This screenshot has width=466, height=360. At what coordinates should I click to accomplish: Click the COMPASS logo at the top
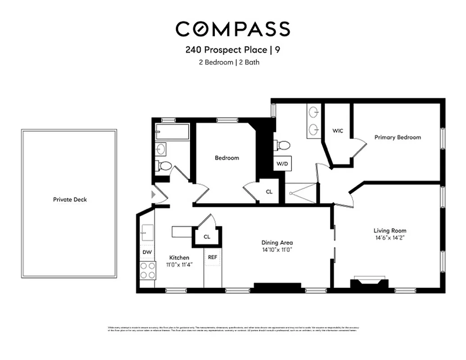(232, 29)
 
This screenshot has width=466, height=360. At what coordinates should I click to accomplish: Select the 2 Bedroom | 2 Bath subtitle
(229, 63)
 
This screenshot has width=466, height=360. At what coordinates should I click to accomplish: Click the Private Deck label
(69, 199)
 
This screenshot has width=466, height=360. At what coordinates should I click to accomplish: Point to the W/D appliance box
(282, 164)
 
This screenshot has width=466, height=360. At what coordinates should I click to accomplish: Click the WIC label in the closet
(338, 131)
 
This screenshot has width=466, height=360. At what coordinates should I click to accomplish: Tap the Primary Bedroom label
(398, 137)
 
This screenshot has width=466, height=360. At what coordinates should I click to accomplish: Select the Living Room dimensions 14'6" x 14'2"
(389, 238)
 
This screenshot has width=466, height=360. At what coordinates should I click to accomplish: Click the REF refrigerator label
(213, 257)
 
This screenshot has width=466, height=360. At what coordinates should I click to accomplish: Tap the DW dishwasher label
(147, 252)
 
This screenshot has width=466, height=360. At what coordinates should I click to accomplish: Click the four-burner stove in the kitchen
(147, 270)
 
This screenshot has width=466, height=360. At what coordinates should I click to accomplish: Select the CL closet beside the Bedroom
(269, 192)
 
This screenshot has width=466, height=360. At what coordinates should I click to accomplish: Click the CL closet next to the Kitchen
(207, 237)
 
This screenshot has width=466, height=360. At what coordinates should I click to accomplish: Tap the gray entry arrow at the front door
(154, 195)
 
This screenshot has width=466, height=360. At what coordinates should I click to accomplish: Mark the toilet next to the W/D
(282, 145)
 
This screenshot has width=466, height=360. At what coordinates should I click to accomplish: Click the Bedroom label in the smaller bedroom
(226, 158)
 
